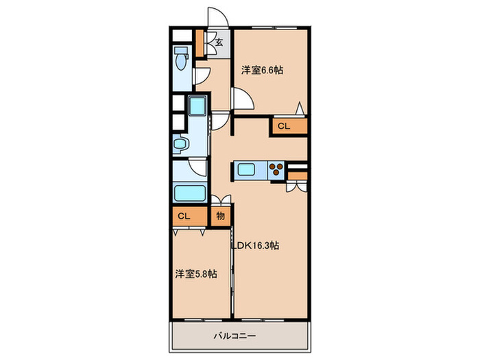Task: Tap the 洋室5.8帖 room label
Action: coord(195,274)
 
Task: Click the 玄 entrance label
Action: coord(219,43)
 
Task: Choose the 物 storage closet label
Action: coord(221,215)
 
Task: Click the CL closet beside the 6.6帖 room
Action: coord(284,126)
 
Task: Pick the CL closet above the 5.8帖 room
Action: coord(183,215)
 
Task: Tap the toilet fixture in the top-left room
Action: coord(182,58)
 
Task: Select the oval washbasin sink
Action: coord(180,144)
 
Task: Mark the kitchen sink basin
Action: coord(246,169)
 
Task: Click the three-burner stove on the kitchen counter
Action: coord(276,169)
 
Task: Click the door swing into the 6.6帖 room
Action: coord(243,99)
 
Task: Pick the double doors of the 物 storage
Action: coord(221,201)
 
